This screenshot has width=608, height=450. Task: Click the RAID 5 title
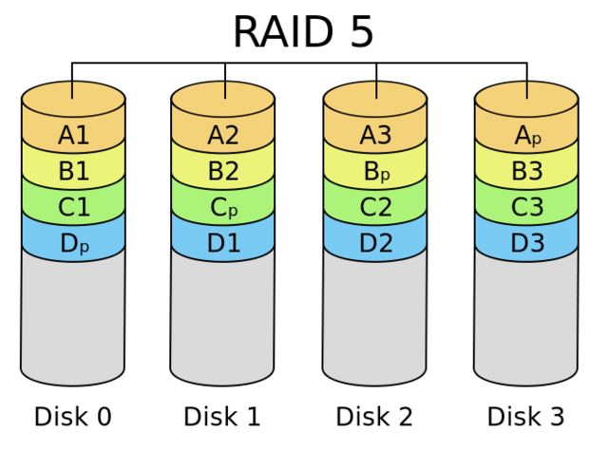(x=303, y=32)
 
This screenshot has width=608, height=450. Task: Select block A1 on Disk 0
(x=73, y=135)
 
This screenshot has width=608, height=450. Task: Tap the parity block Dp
(x=73, y=244)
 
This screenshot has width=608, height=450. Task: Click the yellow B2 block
(x=223, y=172)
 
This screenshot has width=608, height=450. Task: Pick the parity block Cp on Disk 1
(x=223, y=208)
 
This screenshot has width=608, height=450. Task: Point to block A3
(x=375, y=135)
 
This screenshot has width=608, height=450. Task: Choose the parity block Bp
(x=375, y=172)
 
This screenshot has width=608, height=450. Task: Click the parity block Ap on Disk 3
(x=527, y=135)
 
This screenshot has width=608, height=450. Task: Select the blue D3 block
(x=527, y=244)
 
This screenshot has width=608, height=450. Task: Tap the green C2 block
(x=375, y=208)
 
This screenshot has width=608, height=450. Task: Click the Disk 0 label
(x=73, y=417)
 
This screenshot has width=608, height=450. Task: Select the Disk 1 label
(x=223, y=417)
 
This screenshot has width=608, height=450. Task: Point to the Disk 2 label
(x=375, y=417)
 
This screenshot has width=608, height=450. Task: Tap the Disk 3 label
(x=525, y=417)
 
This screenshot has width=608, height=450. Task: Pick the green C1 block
(x=73, y=208)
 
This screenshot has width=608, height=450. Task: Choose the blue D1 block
(x=223, y=244)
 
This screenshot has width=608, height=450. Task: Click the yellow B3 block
(x=527, y=172)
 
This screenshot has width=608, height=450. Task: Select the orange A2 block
(x=223, y=135)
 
